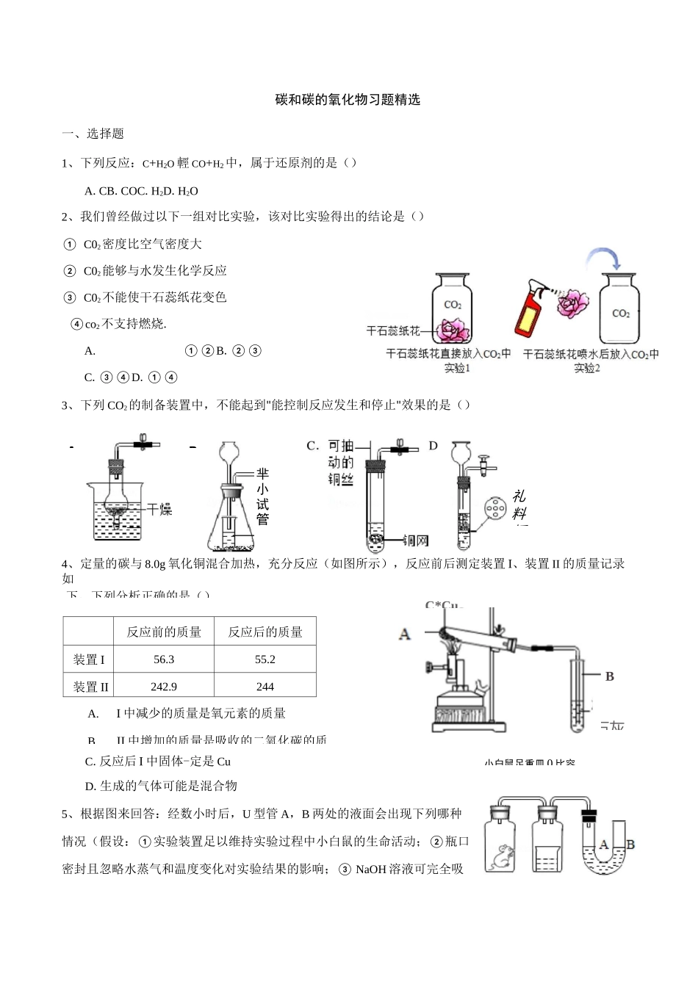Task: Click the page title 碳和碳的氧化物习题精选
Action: pyautogui.click(x=348, y=100)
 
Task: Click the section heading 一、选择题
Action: pyautogui.click(x=93, y=134)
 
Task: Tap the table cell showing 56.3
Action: pyautogui.click(x=164, y=659)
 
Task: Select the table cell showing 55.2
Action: pyautogui.click(x=265, y=659)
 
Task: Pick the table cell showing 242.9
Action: pyautogui.click(x=163, y=687)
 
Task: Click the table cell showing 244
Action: pyautogui.click(x=265, y=687)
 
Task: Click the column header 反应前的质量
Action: pyautogui.click(x=164, y=632)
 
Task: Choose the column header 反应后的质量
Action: pyautogui.click(x=265, y=632)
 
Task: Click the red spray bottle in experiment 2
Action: pyautogui.click(x=526, y=310)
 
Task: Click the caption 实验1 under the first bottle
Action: pyautogui.click(x=456, y=368)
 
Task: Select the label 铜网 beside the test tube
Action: pyautogui.click(x=415, y=541)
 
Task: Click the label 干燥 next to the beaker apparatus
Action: pyautogui.click(x=159, y=508)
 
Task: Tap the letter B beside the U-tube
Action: pyautogui.click(x=630, y=845)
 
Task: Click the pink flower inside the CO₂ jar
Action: pyautogui.click(x=454, y=330)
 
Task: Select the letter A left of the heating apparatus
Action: pyautogui.click(x=404, y=633)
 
